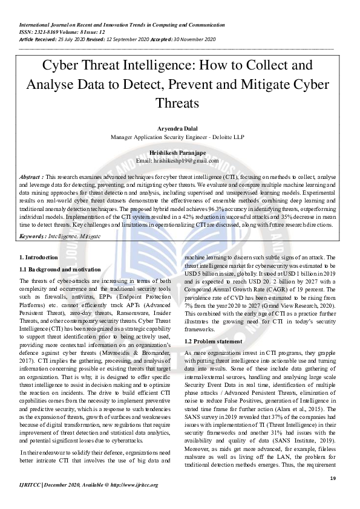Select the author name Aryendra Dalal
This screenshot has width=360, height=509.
pos(180,129)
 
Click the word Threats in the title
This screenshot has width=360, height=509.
pos(180,103)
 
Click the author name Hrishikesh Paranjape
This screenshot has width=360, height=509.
pos(180,153)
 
